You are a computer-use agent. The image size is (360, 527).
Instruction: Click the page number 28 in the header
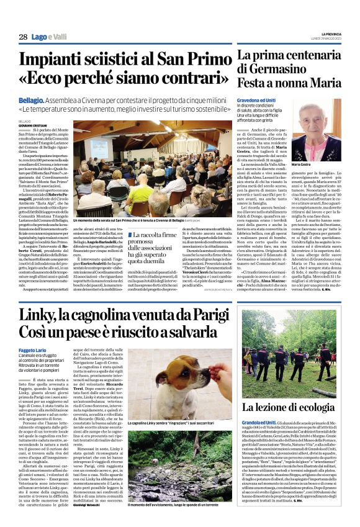(22, 37)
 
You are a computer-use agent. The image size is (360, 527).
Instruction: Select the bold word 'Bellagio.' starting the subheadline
(32, 99)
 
